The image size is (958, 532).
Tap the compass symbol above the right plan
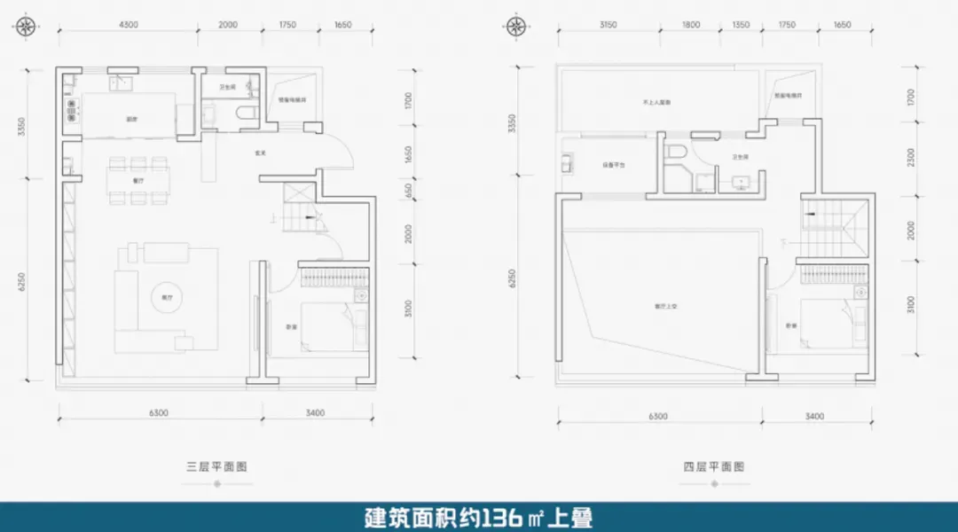tap(514, 26)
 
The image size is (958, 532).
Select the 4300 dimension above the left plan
tap(128, 25)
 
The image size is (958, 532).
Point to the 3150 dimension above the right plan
tap(608, 25)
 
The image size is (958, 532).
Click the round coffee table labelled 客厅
tap(165, 298)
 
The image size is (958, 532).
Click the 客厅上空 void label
tap(665, 306)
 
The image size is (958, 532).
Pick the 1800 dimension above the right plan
tap(692, 25)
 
